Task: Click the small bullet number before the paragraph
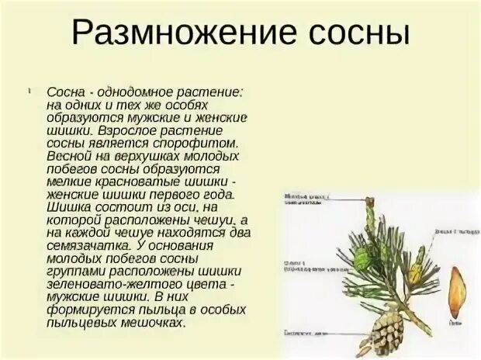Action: [27, 91]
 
